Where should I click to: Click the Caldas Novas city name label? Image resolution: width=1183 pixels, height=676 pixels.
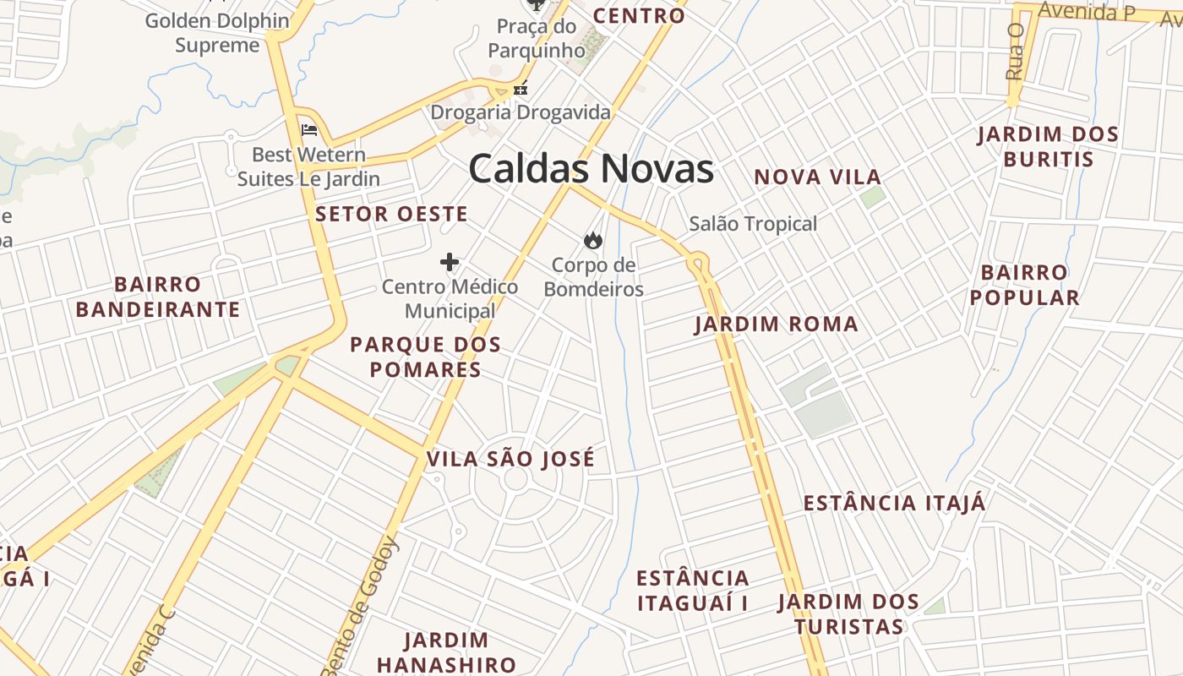[x=591, y=169]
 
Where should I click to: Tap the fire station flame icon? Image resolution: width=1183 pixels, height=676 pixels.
[x=593, y=241]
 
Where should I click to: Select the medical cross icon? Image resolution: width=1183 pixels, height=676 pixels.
[x=450, y=262]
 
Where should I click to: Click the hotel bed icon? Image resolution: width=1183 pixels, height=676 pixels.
[x=309, y=130]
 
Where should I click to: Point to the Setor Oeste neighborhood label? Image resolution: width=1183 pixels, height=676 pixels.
[x=391, y=215]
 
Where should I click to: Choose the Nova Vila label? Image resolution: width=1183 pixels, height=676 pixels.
[x=817, y=177]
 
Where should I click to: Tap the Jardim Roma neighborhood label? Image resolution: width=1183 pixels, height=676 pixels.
[x=776, y=324]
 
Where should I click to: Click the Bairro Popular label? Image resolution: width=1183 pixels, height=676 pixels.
[x=1024, y=286]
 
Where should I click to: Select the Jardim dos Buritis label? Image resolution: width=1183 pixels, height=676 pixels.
[x=1048, y=147]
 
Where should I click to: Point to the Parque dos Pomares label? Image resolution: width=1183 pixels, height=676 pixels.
[x=425, y=357]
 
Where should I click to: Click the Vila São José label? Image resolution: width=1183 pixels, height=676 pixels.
[x=510, y=460]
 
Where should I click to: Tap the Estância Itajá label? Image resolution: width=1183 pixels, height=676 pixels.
[x=894, y=504]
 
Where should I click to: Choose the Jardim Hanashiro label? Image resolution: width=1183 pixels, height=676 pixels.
[x=446, y=652]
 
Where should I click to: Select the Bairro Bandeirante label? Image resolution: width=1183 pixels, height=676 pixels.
[x=158, y=297]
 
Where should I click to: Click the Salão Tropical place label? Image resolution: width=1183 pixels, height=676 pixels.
[x=753, y=224]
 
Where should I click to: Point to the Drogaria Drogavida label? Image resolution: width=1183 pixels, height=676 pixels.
[x=521, y=112]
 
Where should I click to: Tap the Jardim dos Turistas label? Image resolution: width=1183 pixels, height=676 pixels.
[x=848, y=615]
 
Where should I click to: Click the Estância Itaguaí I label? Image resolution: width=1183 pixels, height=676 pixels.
[x=693, y=591]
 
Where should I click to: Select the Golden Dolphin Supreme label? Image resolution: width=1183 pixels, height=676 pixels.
[x=217, y=33]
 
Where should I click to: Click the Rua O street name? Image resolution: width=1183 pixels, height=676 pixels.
[x=1015, y=52]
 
